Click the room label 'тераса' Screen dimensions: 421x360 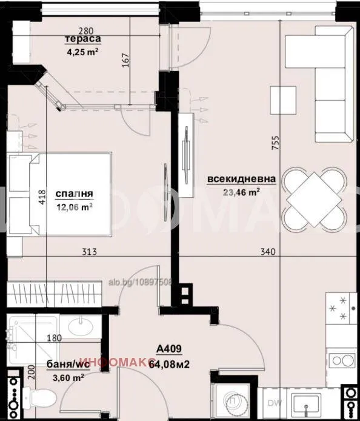point(83,40)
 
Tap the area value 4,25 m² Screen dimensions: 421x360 point(82,52)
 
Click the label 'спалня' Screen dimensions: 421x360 point(74,194)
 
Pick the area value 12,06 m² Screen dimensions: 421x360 point(74,206)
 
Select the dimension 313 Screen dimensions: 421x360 point(89,251)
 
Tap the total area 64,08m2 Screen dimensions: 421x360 point(170,364)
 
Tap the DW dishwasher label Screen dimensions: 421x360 point(275,403)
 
